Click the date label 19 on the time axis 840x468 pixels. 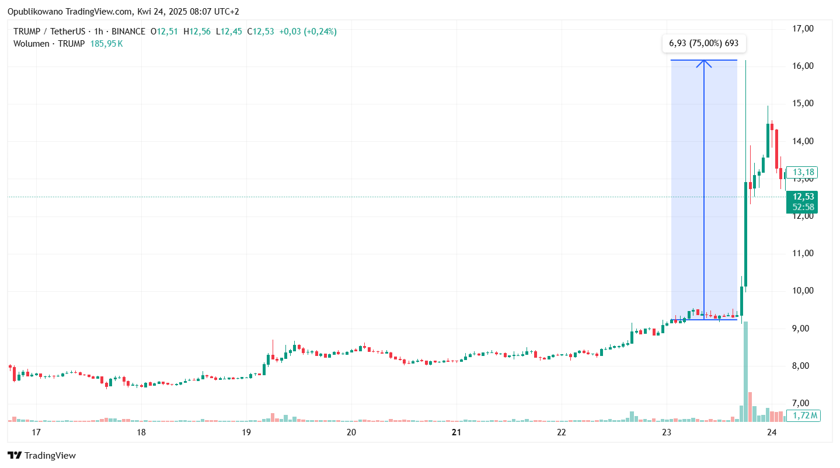246,432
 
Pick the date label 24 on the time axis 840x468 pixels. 772,432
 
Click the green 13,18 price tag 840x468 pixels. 802,172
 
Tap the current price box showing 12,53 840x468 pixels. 801,197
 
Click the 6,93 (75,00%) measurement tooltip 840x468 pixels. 703,44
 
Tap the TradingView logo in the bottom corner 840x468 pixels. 41,456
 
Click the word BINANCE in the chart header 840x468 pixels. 128,32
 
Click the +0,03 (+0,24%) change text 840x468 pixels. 308,32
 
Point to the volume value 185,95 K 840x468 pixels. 106,44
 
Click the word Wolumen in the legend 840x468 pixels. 32,44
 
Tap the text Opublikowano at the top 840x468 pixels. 35,12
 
